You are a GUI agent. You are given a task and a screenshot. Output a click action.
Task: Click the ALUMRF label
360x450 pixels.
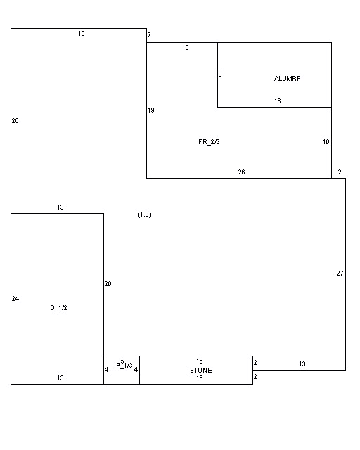(x=287, y=78)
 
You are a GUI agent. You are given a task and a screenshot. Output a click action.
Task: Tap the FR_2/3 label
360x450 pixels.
(x=209, y=142)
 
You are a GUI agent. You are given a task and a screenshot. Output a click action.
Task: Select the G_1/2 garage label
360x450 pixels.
(x=58, y=308)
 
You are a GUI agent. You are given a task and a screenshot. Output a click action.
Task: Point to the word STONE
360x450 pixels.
(x=201, y=371)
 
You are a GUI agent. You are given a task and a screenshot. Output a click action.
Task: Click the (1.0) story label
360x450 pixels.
(x=144, y=214)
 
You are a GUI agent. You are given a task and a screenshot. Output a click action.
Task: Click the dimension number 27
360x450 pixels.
(x=340, y=274)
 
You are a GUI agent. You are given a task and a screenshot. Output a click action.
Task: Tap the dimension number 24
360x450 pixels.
(x=15, y=299)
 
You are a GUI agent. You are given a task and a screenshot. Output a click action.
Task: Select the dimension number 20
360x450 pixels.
(x=108, y=284)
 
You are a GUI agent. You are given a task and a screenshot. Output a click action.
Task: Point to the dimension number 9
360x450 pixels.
(x=220, y=75)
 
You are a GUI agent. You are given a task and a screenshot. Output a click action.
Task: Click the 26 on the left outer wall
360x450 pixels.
(x=15, y=121)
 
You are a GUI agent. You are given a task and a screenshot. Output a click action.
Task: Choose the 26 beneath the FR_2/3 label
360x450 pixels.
(x=241, y=172)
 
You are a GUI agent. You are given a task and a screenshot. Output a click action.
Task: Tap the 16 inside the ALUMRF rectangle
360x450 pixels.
(x=277, y=101)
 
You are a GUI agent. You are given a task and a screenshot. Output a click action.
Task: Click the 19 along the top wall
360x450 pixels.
(x=82, y=34)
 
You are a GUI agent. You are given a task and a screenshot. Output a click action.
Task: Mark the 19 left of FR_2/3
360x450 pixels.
(x=151, y=110)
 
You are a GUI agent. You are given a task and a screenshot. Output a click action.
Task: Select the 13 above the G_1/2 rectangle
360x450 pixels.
(x=60, y=207)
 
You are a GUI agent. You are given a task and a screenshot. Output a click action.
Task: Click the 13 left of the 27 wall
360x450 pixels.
(x=302, y=364)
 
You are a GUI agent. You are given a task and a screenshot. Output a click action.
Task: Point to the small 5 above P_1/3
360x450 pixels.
(x=122, y=361)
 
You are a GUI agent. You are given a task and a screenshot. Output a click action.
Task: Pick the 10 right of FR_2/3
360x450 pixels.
(x=326, y=142)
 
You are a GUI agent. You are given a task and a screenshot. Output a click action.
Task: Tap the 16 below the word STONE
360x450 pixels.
(x=200, y=378)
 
